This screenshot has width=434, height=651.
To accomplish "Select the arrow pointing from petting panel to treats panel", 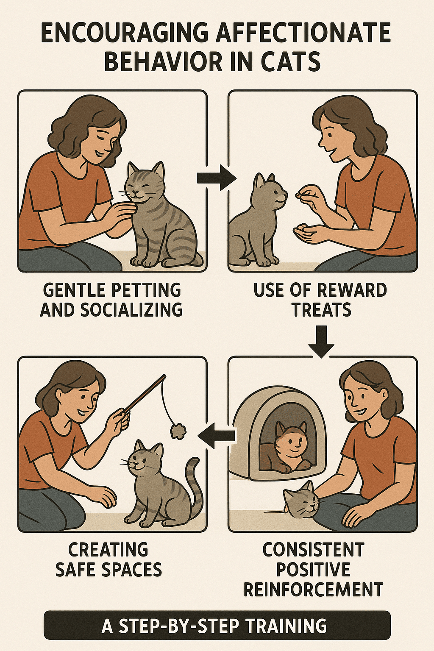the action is pyautogui.click(x=216, y=178).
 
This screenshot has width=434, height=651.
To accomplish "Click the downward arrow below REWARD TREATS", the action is pyautogui.click(x=321, y=341).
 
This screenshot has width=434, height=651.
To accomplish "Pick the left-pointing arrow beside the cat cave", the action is pyautogui.click(x=217, y=435).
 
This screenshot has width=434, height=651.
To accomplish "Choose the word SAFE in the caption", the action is pyautogui.click(x=75, y=570).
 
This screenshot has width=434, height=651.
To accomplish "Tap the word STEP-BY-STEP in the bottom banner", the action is pyautogui.click(x=178, y=626).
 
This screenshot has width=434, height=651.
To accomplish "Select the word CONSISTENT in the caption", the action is pyautogui.click(x=313, y=549).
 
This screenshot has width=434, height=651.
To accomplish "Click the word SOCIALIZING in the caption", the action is pyautogui.click(x=131, y=309).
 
